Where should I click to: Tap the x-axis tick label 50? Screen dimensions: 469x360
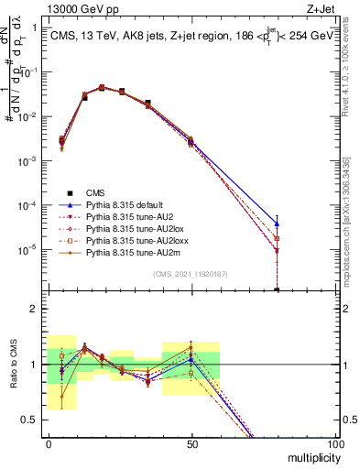click(x=191, y=442)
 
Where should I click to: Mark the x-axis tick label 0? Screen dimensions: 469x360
click(x=49, y=442)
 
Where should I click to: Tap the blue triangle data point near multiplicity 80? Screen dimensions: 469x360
click(x=277, y=224)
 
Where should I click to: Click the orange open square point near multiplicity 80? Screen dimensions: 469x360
click(x=277, y=238)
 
